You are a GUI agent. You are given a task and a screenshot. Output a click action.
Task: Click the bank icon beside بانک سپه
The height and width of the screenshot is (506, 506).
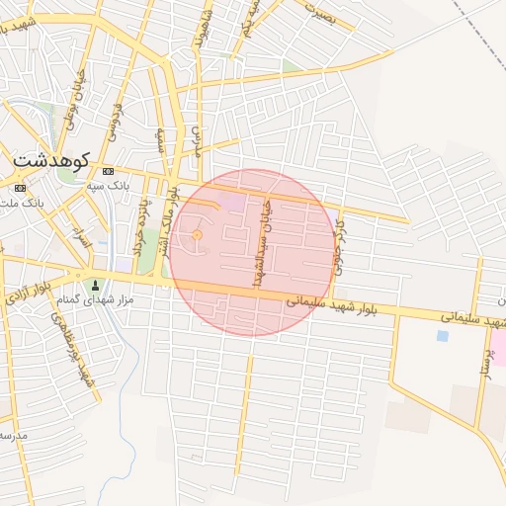[108, 171]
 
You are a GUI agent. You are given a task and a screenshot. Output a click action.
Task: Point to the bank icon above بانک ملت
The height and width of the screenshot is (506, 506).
[20, 188]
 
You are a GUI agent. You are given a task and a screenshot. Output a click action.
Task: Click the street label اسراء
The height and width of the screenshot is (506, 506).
[82, 237]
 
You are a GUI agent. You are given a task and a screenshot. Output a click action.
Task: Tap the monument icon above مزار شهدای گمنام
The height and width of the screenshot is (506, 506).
[95, 285]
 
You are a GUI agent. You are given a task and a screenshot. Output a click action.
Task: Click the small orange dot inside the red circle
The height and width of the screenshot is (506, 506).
[197, 235]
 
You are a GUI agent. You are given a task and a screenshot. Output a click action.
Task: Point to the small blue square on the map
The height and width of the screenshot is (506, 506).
[442, 336]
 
